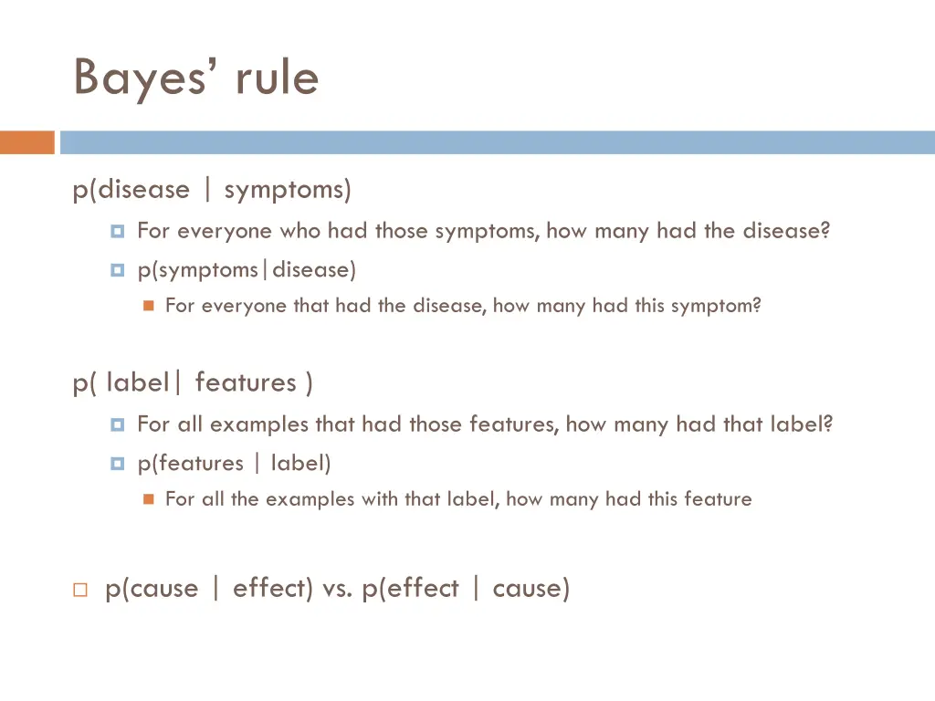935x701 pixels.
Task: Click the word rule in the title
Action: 276,78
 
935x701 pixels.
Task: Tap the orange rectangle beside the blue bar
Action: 27,142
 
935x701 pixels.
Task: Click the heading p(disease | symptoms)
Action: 212,190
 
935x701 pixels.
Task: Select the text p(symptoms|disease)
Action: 247,270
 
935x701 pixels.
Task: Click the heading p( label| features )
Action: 193,382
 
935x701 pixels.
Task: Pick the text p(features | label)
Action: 234,464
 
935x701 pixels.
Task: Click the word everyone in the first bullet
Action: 225,231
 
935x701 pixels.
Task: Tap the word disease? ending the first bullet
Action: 786,231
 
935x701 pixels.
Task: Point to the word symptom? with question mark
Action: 716,306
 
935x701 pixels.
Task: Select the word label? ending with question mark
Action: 801,424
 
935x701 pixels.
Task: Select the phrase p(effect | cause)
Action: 466,588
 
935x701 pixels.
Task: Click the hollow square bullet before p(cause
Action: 79,590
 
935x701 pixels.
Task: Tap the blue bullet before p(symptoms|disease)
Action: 117,271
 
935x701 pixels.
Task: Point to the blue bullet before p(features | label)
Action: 117,465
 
